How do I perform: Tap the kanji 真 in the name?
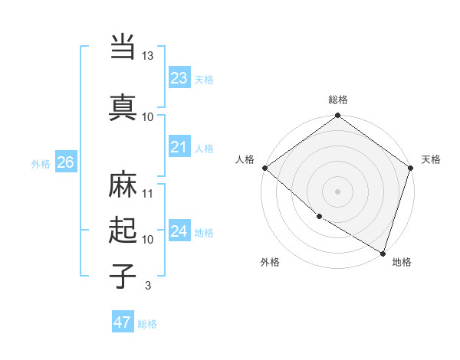[x=123, y=106]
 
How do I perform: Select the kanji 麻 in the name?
[x=123, y=186]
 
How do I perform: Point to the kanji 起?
[x=123, y=230]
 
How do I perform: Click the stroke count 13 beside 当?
[x=148, y=56]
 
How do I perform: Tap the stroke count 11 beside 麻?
[x=148, y=193]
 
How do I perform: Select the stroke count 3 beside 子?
[x=147, y=286]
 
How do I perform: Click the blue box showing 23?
[x=179, y=78]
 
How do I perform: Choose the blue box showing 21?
[x=179, y=147]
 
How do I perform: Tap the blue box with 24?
[x=179, y=231]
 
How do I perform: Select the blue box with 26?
[x=65, y=162]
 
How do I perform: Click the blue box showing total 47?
[x=122, y=322]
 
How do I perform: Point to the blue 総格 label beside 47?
[x=147, y=324]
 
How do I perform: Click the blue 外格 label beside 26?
[x=41, y=163]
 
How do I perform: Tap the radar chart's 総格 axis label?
[x=338, y=100]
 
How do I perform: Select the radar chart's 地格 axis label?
[x=402, y=262]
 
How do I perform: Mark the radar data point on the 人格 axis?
[x=264, y=168]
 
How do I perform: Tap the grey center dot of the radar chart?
[x=338, y=191]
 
